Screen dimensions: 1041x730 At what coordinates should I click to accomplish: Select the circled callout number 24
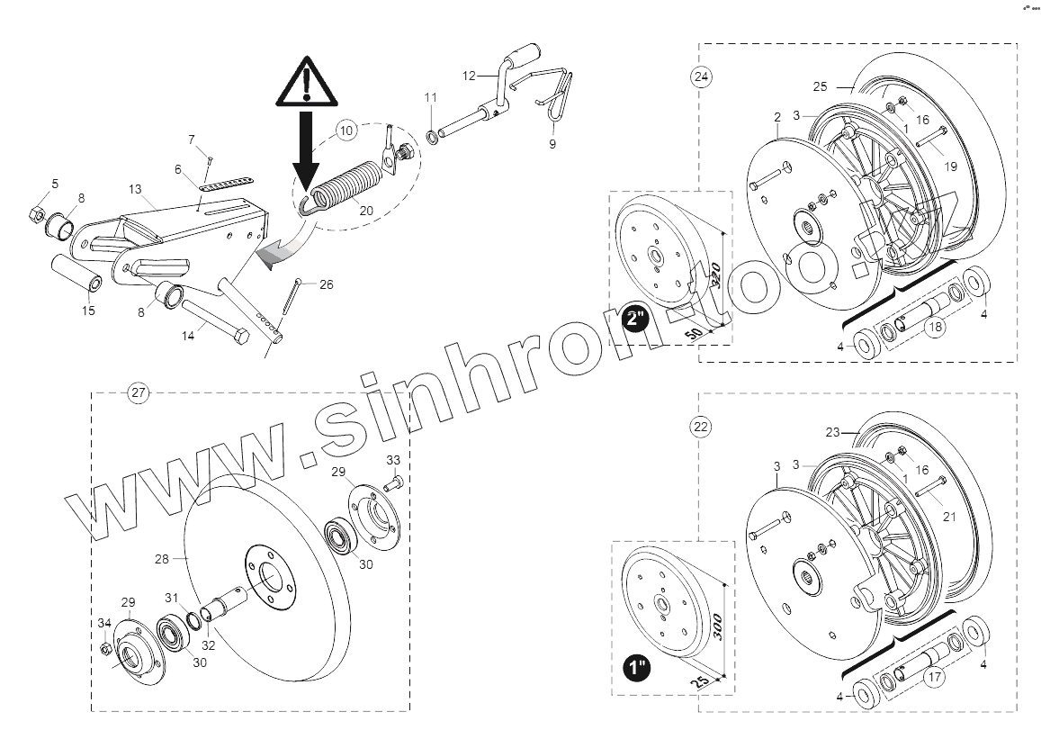[701, 77]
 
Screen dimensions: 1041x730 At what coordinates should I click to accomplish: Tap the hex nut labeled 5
[37, 213]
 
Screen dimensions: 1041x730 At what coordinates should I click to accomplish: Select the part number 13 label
[135, 189]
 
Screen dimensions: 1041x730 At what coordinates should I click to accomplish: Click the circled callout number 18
[937, 328]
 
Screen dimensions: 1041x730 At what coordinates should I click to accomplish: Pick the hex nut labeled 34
[105, 648]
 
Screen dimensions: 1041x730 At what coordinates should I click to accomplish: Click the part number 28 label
[162, 559]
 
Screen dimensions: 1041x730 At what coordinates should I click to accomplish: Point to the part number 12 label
[468, 77]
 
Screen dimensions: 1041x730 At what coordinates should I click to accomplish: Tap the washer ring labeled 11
[433, 136]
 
